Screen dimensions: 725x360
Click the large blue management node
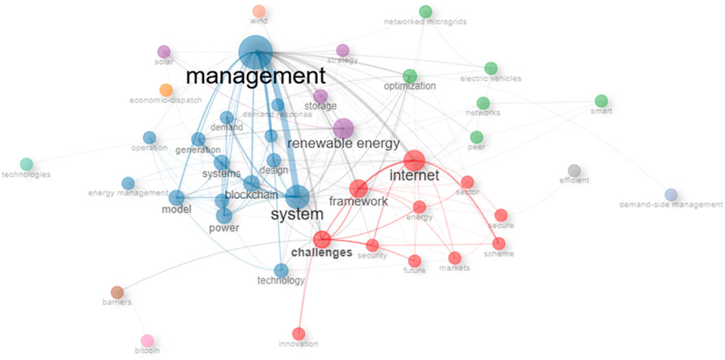pyautogui.click(x=256, y=53)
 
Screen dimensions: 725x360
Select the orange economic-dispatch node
pyautogui.click(x=166, y=89)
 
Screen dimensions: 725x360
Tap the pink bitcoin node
pyautogui.click(x=147, y=340)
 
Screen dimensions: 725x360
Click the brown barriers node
pyautogui.click(x=117, y=292)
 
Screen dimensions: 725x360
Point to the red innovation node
pyautogui.click(x=298, y=333)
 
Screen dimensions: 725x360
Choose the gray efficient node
pyautogui.click(x=574, y=170)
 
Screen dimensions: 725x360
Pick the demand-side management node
pyautogui.click(x=671, y=194)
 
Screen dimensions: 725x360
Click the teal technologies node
pyautogui.click(x=26, y=164)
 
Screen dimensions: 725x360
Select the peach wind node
pyautogui.click(x=258, y=11)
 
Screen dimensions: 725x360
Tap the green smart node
pyautogui.click(x=601, y=101)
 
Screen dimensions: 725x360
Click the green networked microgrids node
pyautogui.click(x=425, y=11)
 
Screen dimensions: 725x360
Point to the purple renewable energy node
pyautogui.click(x=343, y=128)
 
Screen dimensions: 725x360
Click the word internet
pyautogui.click(x=415, y=176)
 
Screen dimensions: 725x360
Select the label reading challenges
pyautogui.click(x=321, y=254)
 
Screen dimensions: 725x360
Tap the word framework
pyautogui.click(x=358, y=202)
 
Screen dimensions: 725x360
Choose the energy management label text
pyautogui.click(x=122, y=193)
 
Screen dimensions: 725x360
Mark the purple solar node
pyautogui.click(x=163, y=52)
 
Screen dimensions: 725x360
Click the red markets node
pyautogui.click(x=455, y=258)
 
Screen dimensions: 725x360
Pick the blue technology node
pyautogui.click(x=281, y=270)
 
